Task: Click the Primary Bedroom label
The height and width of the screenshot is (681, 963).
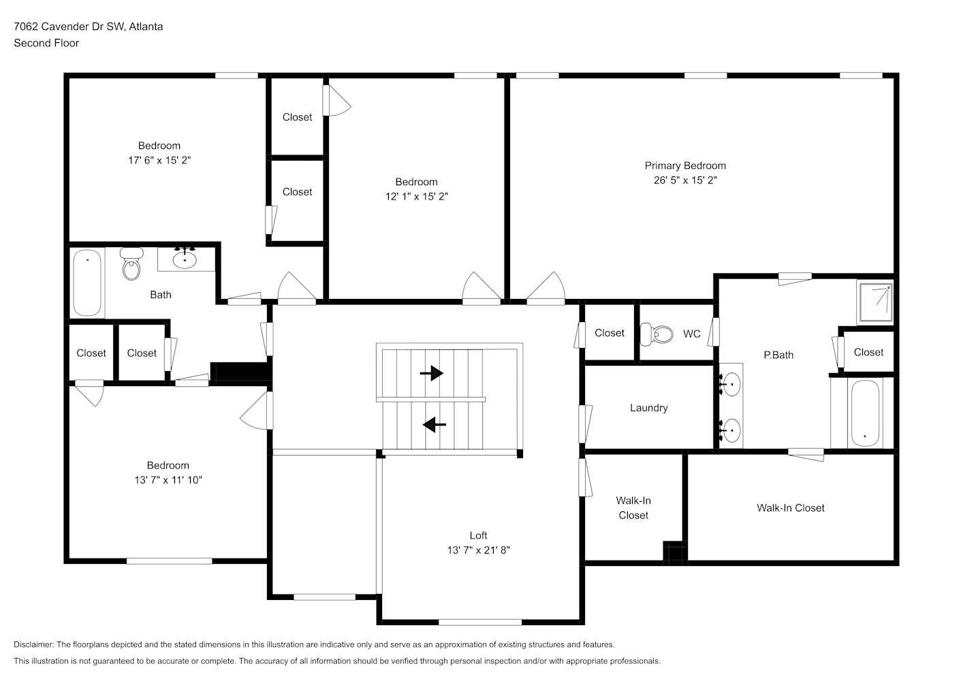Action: [685, 165]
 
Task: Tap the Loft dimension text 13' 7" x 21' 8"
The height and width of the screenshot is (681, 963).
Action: [478, 550]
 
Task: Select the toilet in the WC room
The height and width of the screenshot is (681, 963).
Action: [657, 334]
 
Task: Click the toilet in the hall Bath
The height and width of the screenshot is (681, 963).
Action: [131, 264]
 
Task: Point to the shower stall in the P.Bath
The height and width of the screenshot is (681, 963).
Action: [875, 302]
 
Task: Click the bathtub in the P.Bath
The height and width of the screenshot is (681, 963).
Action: [865, 413]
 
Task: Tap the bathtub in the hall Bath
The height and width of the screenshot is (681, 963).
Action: [87, 283]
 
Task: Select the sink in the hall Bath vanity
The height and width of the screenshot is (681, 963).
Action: [185, 259]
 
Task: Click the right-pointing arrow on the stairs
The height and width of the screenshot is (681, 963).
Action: [431, 373]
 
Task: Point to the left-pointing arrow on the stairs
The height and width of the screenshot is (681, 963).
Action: [435, 425]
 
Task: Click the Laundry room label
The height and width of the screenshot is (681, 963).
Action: [649, 408]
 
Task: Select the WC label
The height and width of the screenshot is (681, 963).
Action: [692, 334]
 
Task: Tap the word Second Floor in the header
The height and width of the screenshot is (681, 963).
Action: [46, 43]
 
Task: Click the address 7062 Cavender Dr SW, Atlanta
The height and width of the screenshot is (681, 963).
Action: [88, 27]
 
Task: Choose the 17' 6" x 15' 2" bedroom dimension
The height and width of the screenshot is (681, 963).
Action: [159, 160]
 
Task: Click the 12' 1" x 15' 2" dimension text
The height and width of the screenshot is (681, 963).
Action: [416, 197]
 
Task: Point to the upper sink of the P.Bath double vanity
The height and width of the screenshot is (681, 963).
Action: [731, 383]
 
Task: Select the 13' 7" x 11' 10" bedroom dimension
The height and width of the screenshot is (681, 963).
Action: [168, 480]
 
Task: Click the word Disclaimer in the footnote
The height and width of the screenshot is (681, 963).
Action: [34, 644]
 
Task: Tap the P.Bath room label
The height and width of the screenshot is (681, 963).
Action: [778, 355]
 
